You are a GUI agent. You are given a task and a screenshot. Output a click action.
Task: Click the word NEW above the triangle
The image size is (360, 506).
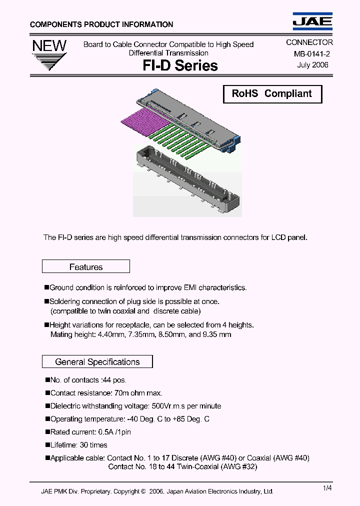click(x=49, y=46)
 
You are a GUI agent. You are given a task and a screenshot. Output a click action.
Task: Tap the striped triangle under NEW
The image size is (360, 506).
click(x=49, y=64)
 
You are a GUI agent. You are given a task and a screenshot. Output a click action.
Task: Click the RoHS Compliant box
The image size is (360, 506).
click(x=271, y=94)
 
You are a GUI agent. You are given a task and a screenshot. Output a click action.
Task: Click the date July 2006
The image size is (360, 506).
click(x=312, y=65)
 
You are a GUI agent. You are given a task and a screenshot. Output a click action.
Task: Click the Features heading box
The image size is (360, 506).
click(x=86, y=267)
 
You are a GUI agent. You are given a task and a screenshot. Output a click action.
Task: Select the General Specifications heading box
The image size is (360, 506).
click(x=97, y=361)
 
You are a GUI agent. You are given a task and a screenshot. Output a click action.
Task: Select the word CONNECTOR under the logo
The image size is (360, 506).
click(x=309, y=43)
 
